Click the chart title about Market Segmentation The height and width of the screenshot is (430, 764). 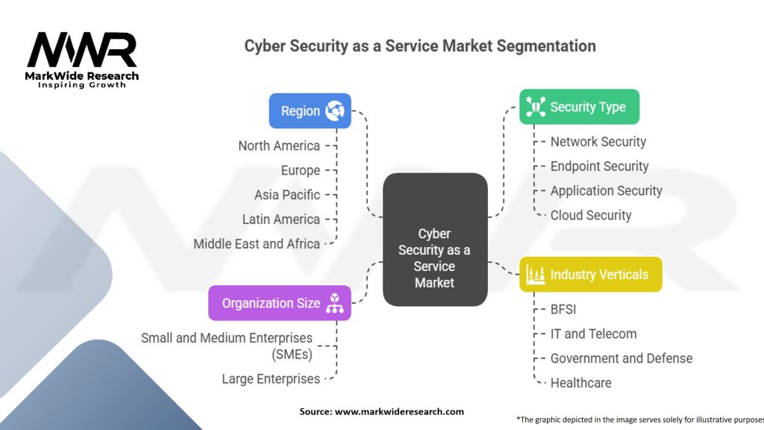[x=420, y=46]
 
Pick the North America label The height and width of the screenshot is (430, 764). [x=279, y=146]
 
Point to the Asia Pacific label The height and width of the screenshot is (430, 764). [x=287, y=195]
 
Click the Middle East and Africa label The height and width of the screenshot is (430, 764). [x=257, y=244]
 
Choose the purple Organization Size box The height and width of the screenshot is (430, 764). [x=279, y=303]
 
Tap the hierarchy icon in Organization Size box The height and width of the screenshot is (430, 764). [x=334, y=303]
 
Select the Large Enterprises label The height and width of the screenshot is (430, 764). [x=271, y=379]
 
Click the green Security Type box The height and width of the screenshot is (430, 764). [x=579, y=107]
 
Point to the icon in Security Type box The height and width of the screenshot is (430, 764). [x=535, y=107]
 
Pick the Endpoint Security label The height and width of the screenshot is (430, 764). [x=599, y=166]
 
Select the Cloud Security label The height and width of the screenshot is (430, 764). [x=591, y=216]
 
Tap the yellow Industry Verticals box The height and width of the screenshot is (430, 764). [x=590, y=275]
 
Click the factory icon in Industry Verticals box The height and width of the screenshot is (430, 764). [x=535, y=275]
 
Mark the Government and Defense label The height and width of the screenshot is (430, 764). [x=621, y=358]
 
